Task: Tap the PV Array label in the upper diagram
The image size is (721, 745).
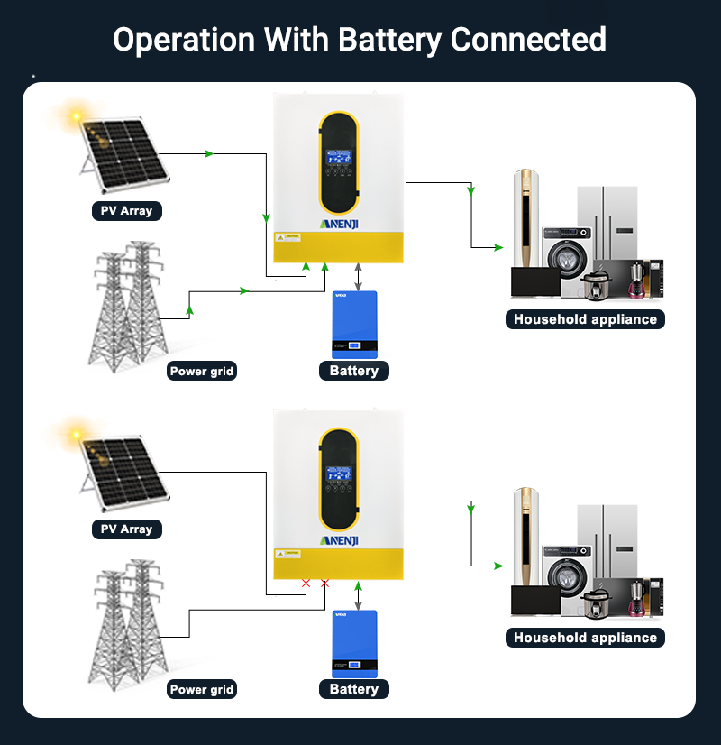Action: pyautogui.click(x=126, y=211)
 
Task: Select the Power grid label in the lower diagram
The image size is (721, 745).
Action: pyautogui.click(x=202, y=689)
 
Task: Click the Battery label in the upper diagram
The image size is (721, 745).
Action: pyautogui.click(x=354, y=371)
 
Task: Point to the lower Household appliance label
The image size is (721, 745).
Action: pyautogui.click(x=585, y=638)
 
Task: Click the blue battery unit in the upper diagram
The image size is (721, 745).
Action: pyautogui.click(x=354, y=325)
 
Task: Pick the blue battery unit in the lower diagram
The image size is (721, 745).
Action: pyautogui.click(x=354, y=643)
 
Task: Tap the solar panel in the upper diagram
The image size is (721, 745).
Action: pyautogui.click(x=125, y=156)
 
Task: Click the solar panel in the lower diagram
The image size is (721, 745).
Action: pyautogui.click(x=125, y=474)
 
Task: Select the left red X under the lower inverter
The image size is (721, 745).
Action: pyautogui.click(x=306, y=584)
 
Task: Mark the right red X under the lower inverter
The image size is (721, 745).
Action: pyautogui.click(x=325, y=584)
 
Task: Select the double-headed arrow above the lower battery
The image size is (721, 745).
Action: pyautogui.click(x=359, y=596)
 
